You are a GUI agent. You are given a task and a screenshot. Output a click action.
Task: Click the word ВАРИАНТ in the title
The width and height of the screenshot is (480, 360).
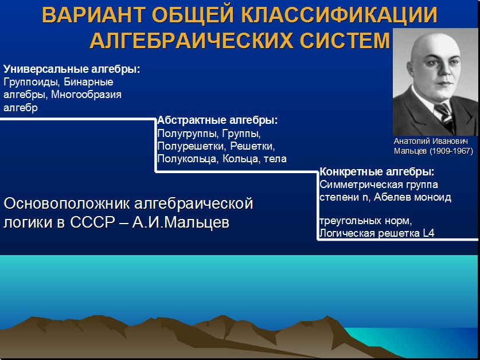93,15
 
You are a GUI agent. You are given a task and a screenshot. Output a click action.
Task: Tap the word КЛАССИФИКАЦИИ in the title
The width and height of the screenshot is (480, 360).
339,15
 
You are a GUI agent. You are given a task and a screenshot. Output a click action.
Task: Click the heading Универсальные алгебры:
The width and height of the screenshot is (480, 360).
72,69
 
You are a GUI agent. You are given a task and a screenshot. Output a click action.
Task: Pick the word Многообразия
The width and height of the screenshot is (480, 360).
87,95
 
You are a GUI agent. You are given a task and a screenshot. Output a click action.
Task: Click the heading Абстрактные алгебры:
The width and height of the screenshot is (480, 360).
217,120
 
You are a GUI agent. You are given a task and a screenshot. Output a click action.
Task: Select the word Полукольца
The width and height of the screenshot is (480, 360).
188,159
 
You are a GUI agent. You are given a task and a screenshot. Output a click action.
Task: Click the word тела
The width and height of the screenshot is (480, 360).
275,159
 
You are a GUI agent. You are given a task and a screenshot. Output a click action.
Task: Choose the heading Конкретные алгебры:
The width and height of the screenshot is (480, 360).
377,172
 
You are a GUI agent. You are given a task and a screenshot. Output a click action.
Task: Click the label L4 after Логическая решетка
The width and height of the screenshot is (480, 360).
429,233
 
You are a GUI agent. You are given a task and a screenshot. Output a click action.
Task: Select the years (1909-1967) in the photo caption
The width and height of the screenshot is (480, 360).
451,151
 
